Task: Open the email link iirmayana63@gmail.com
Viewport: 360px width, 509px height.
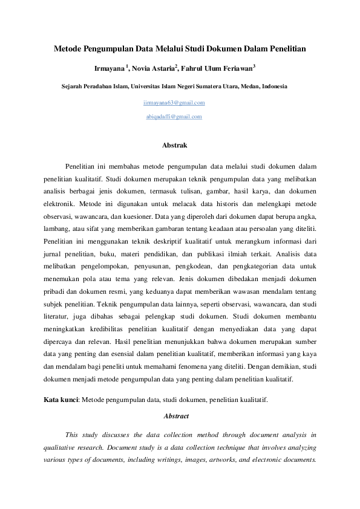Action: [x=174, y=103]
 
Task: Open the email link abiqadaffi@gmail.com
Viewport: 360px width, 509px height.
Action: [x=174, y=117]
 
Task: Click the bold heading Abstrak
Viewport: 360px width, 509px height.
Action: [x=175, y=145]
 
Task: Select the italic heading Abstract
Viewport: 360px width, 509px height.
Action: [x=176, y=416]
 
